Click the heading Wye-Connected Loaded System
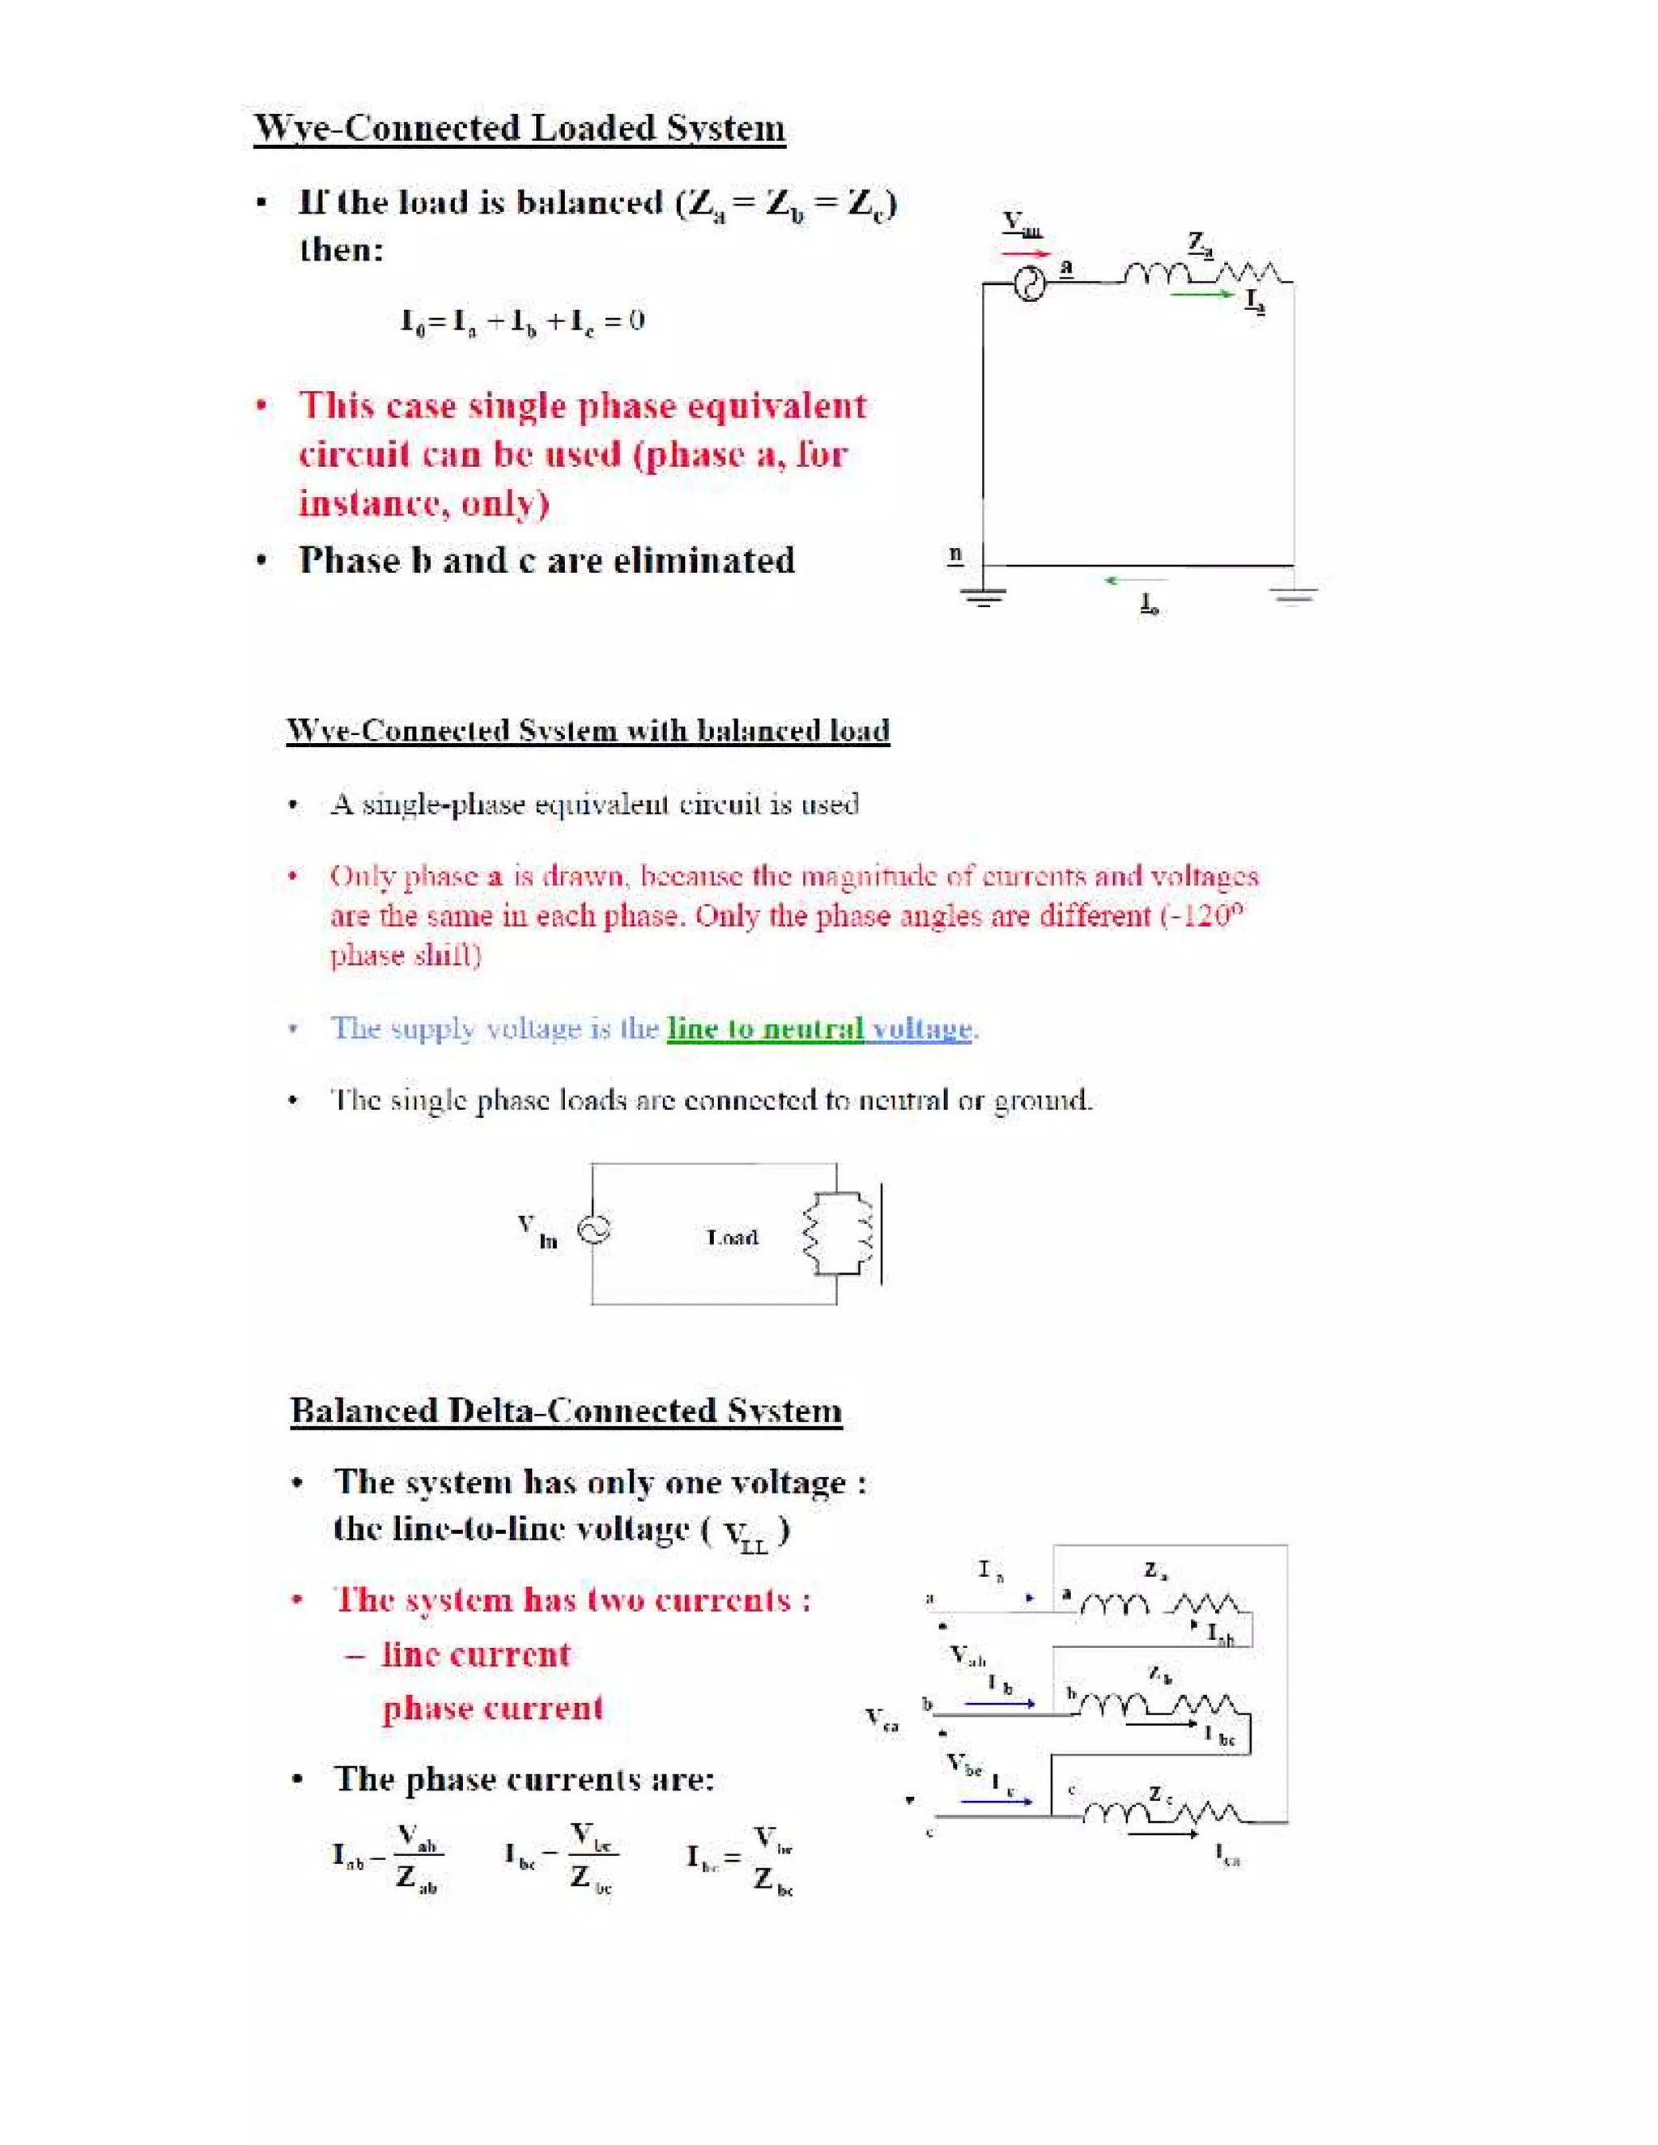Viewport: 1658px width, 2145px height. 519,129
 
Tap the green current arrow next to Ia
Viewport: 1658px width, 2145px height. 1202,294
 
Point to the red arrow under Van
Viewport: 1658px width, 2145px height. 1026,253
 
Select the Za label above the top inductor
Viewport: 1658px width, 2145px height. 1199,243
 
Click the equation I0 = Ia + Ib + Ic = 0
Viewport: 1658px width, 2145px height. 521,321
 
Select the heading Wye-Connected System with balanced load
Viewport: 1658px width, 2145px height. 588,731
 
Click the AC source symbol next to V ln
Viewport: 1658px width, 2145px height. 593,1229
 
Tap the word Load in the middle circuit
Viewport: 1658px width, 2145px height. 733,1238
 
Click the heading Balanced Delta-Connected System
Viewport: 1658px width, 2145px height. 566,1410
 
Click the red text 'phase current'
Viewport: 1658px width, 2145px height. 492,1708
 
